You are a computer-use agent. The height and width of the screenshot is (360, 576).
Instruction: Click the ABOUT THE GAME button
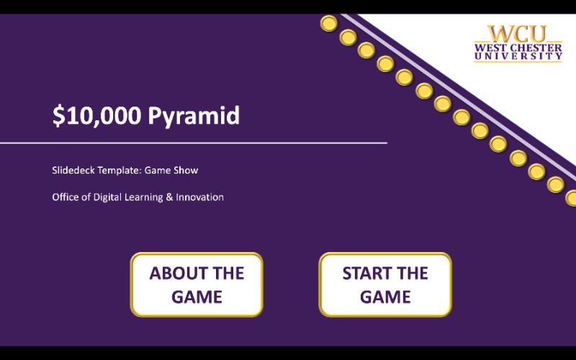tap(197, 284)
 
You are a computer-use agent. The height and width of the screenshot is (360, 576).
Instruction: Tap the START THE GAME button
tap(385, 284)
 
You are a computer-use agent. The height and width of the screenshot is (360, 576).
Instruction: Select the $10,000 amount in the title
tap(97, 116)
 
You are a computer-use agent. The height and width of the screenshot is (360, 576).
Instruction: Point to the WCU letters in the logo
tap(517, 34)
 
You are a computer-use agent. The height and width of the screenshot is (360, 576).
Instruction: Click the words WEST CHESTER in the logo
tap(517, 48)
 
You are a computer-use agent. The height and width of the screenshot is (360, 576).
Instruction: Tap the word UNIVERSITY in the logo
tap(517, 56)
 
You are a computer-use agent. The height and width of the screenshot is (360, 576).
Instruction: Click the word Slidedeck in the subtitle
tap(72, 171)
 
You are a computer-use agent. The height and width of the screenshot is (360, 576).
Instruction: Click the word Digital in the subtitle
tap(107, 197)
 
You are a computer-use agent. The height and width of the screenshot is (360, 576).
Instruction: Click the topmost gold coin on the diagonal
tap(329, 24)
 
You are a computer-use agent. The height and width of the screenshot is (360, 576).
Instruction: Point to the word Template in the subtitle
tap(119, 171)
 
